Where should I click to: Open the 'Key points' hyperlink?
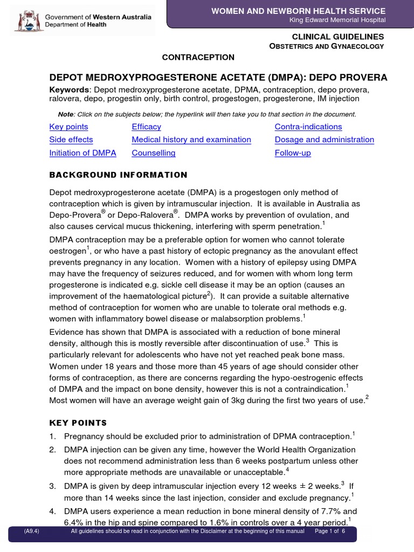[68, 127]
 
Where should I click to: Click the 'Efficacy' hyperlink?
[146, 127]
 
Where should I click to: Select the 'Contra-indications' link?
[308, 127]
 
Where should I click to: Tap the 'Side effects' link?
[71, 140]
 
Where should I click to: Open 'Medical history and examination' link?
[191, 140]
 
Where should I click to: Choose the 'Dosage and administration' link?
[324, 140]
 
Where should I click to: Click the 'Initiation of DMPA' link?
[82, 153]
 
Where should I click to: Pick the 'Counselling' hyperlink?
[154, 153]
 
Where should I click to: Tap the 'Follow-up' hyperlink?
[293, 153]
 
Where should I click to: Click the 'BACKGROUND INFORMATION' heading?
[118, 175]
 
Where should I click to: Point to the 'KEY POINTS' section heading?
[78, 423]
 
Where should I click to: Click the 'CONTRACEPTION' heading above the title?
[198, 57]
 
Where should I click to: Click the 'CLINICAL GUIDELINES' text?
[345, 36]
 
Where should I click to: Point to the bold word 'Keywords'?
[68, 89]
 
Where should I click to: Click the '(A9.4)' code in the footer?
[31, 531]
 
